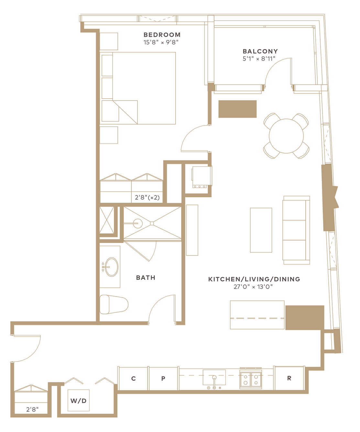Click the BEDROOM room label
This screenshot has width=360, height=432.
(x=162, y=35)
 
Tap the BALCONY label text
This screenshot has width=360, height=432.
(x=260, y=51)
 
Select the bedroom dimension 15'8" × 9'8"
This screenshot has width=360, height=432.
(x=161, y=42)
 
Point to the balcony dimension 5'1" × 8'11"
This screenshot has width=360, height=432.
(x=259, y=59)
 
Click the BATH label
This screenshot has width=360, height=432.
(x=146, y=278)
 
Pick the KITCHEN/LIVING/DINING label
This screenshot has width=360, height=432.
(x=254, y=279)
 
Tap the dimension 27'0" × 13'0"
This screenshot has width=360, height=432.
(x=253, y=287)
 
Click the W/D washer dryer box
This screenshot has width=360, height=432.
(x=79, y=401)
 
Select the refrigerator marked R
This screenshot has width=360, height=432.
(x=289, y=378)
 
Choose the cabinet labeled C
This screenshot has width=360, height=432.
(x=134, y=379)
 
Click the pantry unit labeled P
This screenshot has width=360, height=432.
(x=163, y=379)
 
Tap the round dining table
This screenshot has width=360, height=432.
(x=286, y=136)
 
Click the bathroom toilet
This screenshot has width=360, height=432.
(x=114, y=304)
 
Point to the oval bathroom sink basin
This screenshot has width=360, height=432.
(x=112, y=267)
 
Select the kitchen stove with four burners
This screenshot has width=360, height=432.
(x=251, y=379)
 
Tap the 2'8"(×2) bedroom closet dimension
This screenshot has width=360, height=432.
(x=147, y=198)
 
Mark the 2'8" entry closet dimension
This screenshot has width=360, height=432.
(x=32, y=409)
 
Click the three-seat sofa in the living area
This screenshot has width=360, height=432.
(x=296, y=230)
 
